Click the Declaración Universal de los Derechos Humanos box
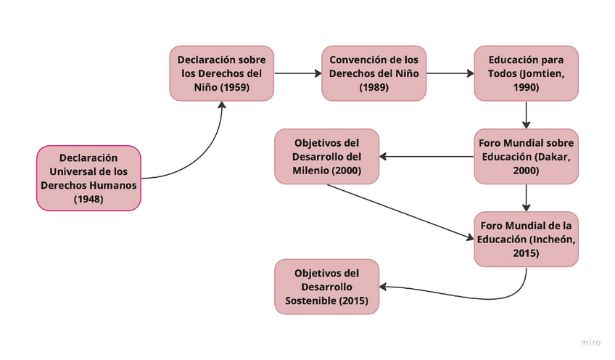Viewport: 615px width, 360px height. click(x=88, y=178)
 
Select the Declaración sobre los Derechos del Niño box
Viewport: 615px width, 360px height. click(x=222, y=73)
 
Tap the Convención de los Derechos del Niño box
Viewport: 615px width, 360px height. click(x=373, y=73)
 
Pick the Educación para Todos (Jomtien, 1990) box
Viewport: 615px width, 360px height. click(x=526, y=73)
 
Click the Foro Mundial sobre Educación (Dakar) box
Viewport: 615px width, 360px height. click(x=526, y=156)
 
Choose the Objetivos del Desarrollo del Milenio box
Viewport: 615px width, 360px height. click(x=327, y=156)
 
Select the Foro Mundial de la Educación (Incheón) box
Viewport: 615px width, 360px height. click(x=526, y=239)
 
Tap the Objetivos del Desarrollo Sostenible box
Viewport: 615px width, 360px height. click(x=327, y=287)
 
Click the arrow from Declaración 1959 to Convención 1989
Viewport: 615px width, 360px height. click(x=297, y=73)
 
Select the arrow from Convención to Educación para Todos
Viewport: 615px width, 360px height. click(x=450, y=73)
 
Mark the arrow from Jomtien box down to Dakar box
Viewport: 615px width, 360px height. click(x=526, y=115)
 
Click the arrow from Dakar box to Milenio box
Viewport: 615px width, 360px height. click(x=428, y=156)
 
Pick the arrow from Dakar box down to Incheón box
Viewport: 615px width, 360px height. click(x=526, y=197)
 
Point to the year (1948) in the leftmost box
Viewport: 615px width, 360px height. click(x=88, y=197)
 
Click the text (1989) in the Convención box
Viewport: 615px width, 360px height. click(x=373, y=88)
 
